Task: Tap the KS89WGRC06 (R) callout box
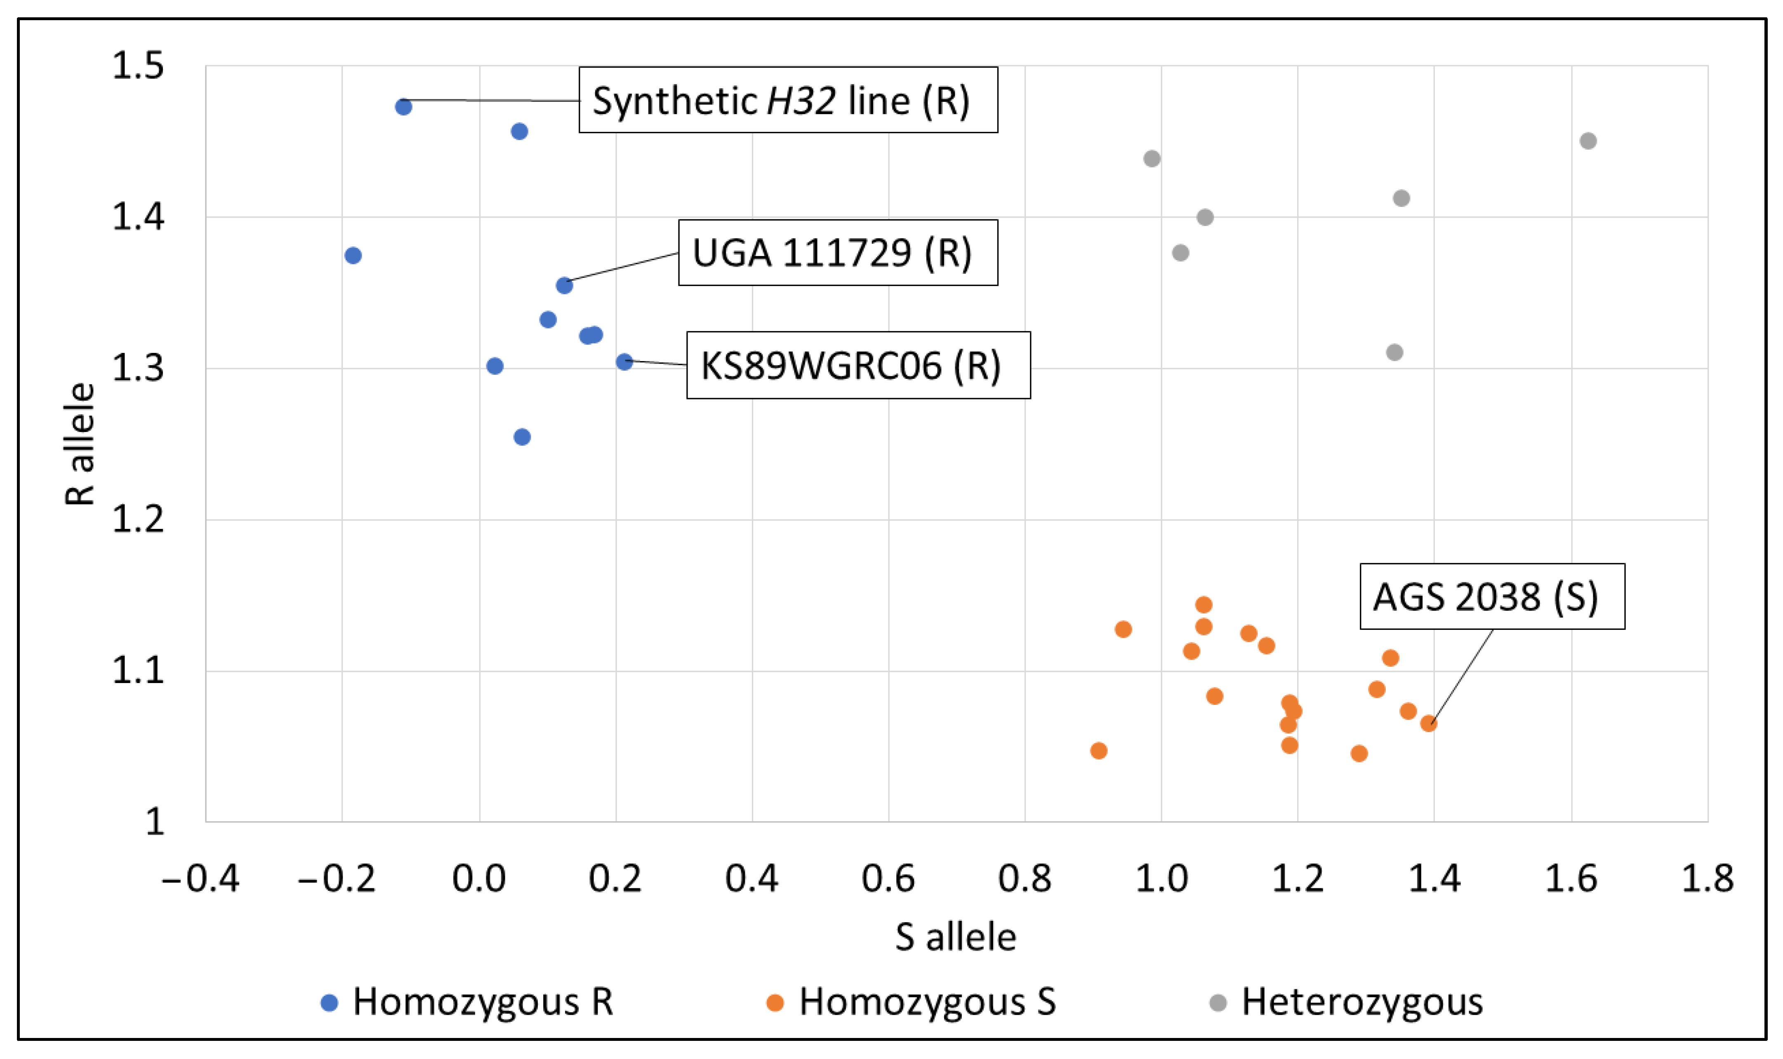point(858,365)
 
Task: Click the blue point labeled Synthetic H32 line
point(403,107)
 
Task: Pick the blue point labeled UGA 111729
point(564,285)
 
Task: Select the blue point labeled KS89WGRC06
point(624,362)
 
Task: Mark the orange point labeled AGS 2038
point(1428,723)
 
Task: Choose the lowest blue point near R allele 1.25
point(522,437)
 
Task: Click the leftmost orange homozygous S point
point(1098,751)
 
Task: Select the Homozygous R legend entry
point(468,1002)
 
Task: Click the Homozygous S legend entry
point(912,1002)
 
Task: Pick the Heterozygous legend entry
point(1346,1002)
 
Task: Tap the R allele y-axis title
point(80,444)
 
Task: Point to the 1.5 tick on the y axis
point(138,66)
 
